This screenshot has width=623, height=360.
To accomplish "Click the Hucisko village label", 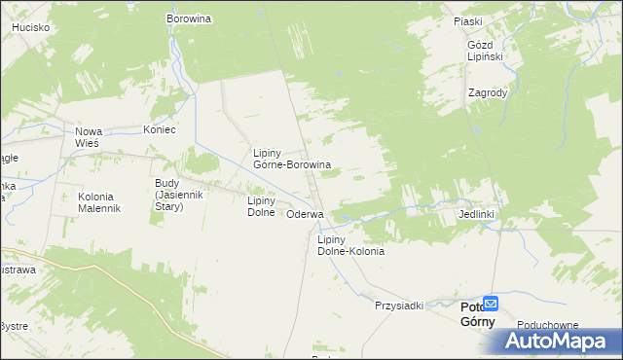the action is [x=31, y=28].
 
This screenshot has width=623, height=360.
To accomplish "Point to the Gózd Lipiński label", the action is [x=484, y=51].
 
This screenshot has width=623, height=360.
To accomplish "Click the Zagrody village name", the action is [x=487, y=92].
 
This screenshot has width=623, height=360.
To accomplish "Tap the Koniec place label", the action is [x=159, y=130].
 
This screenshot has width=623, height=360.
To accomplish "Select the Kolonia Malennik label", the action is [x=98, y=201].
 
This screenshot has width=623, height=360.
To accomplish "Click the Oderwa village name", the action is [x=305, y=214].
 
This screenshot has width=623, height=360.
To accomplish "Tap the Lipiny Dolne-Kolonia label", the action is [x=350, y=244].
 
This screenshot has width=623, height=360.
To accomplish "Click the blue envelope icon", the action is [x=491, y=303].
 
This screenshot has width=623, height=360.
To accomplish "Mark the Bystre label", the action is [x=14, y=326].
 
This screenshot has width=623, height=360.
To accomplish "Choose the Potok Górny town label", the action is [x=476, y=314].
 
